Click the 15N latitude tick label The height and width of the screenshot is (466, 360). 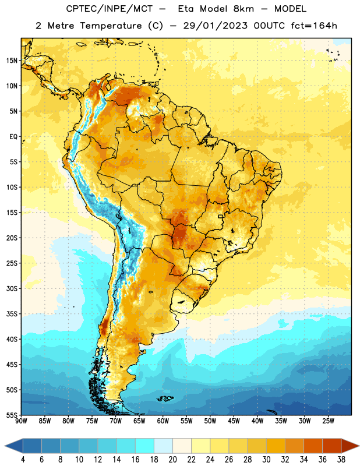[12, 61]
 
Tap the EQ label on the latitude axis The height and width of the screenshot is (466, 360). [13, 137]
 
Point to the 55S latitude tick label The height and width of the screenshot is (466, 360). [12, 415]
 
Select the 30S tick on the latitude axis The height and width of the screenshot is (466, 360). [12, 288]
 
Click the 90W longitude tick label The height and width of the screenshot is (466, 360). [21, 421]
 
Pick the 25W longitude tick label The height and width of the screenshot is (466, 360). [328, 421]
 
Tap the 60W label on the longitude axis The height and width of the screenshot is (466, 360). [163, 421]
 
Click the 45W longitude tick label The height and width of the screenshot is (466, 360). [234, 421]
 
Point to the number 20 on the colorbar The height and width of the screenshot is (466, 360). [172, 460]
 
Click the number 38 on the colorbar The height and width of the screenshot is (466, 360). [341, 460]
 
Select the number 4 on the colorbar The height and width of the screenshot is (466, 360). [23, 460]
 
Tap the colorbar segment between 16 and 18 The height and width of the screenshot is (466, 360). [144, 446]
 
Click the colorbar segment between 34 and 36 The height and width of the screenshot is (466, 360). [313, 446]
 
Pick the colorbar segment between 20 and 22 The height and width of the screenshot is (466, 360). [182, 446]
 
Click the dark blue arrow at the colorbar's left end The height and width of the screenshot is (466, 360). [14, 446]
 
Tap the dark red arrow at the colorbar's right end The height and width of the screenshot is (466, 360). [350, 446]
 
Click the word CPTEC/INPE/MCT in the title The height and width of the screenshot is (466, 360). [110, 9]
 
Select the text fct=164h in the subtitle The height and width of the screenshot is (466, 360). [314, 26]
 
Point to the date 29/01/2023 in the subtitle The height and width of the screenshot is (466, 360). [215, 26]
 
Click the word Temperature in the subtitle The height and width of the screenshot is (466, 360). [111, 26]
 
